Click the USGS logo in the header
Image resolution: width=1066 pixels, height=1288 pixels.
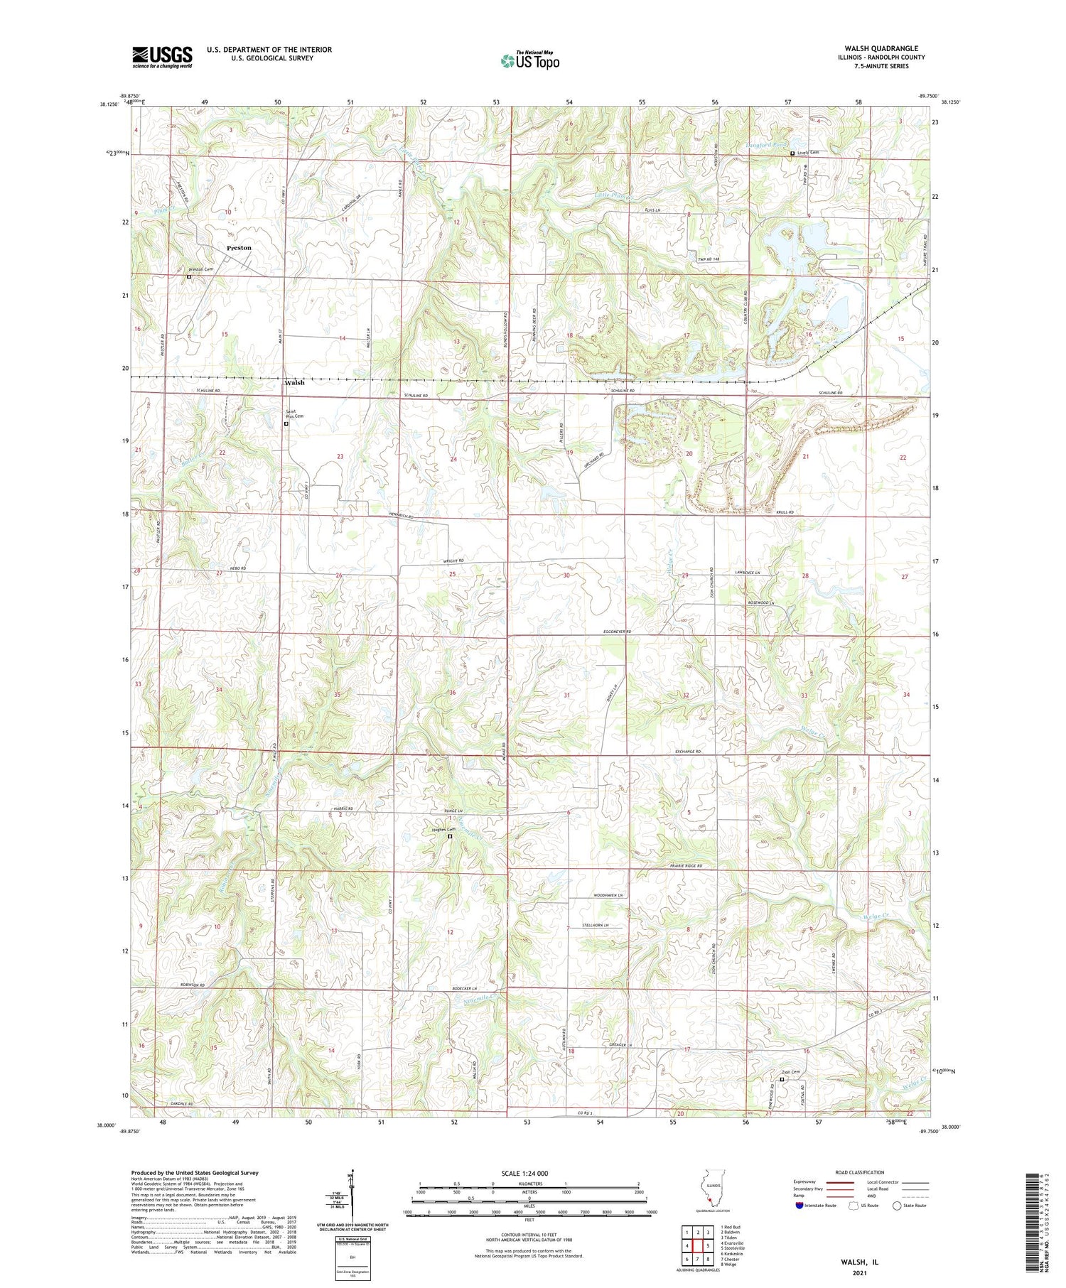tap(162, 57)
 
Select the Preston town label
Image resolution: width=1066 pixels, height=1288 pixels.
tap(239, 248)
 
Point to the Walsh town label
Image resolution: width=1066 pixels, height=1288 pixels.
tap(294, 382)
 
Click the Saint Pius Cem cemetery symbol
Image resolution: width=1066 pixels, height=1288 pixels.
tap(286, 424)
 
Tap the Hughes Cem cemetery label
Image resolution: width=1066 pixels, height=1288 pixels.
tap(444, 829)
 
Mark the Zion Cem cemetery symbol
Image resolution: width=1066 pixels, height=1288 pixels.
tap(782, 1079)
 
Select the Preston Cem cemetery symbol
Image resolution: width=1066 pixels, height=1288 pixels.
tap(189, 277)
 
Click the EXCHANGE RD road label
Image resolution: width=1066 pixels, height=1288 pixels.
tap(687, 752)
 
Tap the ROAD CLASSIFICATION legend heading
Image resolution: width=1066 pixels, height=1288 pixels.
tap(860, 1172)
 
